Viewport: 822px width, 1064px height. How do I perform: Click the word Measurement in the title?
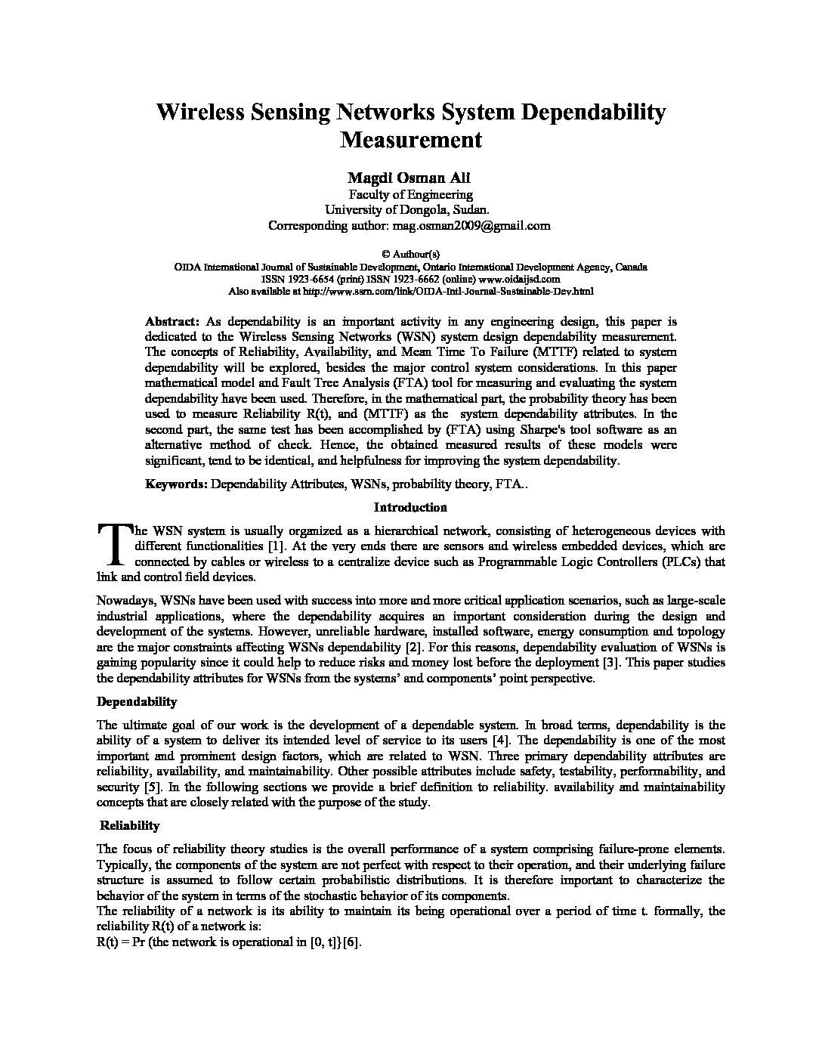click(410, 140)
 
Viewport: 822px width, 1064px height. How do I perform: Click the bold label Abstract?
click(172, 320)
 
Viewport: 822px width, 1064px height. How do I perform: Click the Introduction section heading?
click(410, 507)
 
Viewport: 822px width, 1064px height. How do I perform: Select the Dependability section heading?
click(137, 702)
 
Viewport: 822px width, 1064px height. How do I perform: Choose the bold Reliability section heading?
click(129, 825)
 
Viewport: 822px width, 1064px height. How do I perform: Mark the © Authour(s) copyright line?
click(410, 254)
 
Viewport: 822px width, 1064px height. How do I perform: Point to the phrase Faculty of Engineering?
click(410, 194)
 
